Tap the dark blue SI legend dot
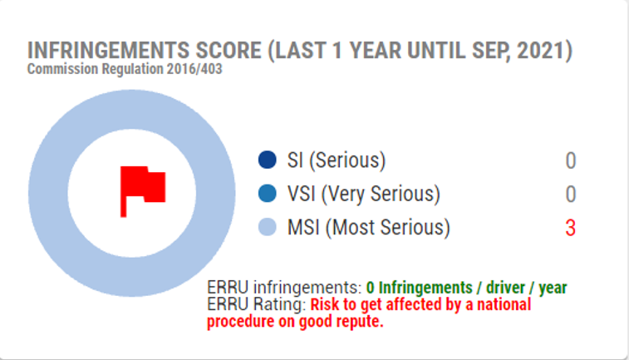(268, 160)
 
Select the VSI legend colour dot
(268, 194)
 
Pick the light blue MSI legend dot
(268, 227)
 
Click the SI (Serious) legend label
(337, 160)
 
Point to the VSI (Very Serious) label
(364, 194)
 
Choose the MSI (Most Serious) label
(369, 228)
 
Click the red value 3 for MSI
(571, 228)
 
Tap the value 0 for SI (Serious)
(571, 161)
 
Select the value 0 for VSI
(571, 195)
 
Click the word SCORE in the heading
(229, 51)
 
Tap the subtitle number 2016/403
(194, 69)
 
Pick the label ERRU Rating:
(257, 304)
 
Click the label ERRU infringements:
(285, 288)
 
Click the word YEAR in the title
(375, 51)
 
